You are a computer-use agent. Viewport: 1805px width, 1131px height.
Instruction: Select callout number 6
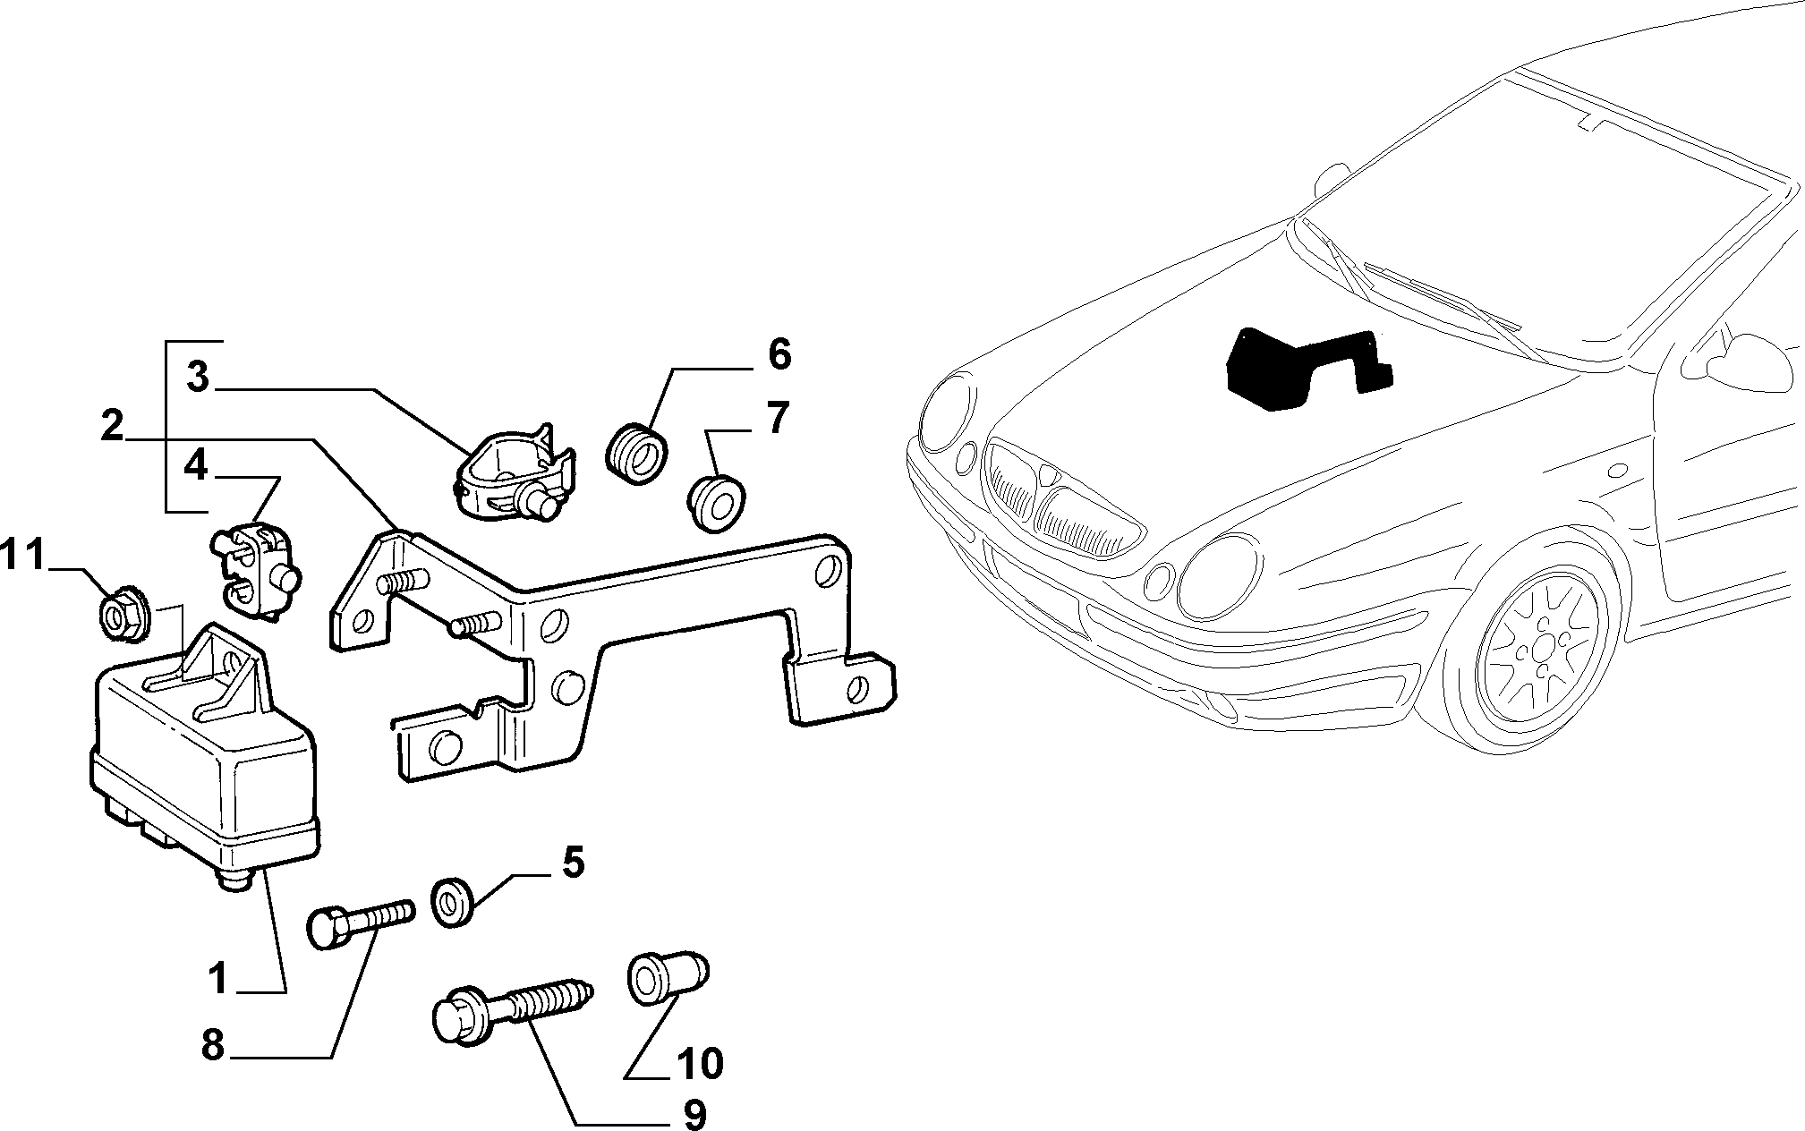point(778,354)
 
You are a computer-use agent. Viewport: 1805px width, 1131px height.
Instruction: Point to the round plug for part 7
point(719,504)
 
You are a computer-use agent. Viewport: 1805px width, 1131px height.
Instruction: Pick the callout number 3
point(198,378)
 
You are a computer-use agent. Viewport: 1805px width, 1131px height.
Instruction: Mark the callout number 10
point(700,1064)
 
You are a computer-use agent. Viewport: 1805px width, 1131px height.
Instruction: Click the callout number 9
point(694,1114)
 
